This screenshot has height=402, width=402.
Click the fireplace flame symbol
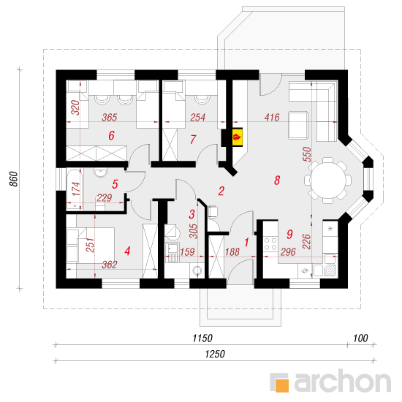pyautogui.click(x=237, y=137)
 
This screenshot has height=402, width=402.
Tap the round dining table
pyautogui.click(x=328, y=181)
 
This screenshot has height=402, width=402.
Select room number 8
pyautogui.click(x=277, y=181)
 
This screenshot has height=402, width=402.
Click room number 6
pyautogui.click(x=111, y=135)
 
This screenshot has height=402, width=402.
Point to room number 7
pyautogui.click(x=193, y=140)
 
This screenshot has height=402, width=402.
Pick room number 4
pyautogui.click(x=127, y=251)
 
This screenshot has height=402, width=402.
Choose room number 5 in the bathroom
pyautogui.click(x=115, y=184)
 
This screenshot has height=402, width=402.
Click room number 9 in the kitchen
pyautogui.click(x=289, y=234)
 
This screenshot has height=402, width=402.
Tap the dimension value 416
pyautogui.click(x=272, y=118)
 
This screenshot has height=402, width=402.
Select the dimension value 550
pyautogui.click(x=307, y=154)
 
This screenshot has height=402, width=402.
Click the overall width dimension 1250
pyautogui.click(x=215, y=354)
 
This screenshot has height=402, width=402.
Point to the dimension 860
pyautogui.click(x=14, y=179)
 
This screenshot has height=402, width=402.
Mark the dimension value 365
pyautogui.click(x=110, y=118)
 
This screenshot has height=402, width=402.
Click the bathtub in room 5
pyautogui.click(x=75, y=189)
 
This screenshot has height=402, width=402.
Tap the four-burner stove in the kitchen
pyautogui.click(x=270, y=244)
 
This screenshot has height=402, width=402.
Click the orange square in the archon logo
pyautogui.click(x=282, y=385)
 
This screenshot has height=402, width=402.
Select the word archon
pyautogui.click(x=343, y=381)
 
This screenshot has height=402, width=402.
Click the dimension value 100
pyautogui.click(x=360, y=338)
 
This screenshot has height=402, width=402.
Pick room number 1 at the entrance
pyautogui.click(x=246, y=242)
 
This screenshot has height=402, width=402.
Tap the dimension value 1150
pyautogui.click(x=202, y=338)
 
